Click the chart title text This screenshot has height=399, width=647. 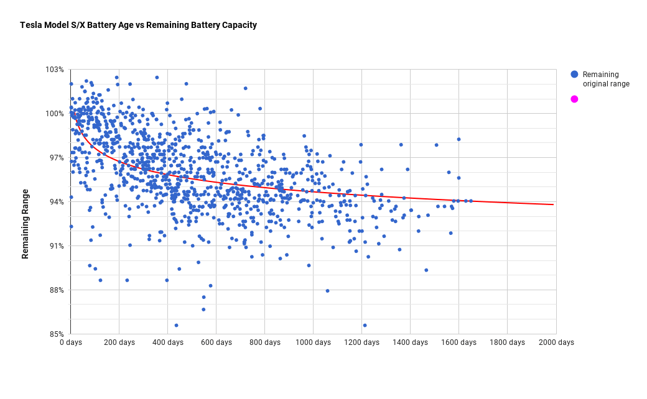pos(138,25)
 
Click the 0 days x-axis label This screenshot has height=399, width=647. pos(71,342)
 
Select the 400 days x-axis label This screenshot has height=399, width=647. pos(167,342)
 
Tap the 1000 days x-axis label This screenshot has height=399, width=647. pos(312,342)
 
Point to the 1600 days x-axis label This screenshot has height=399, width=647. pos(458,342)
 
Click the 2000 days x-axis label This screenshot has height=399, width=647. pos(556,342)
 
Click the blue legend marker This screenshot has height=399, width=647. pos(574,75)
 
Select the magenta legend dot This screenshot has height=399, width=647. pos(574,99)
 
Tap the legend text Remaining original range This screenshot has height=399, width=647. pos(606,79)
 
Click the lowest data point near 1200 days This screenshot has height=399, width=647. pos(365,325)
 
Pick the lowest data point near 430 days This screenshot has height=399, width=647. pos(176,325)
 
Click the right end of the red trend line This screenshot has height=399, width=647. pos(553,204)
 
